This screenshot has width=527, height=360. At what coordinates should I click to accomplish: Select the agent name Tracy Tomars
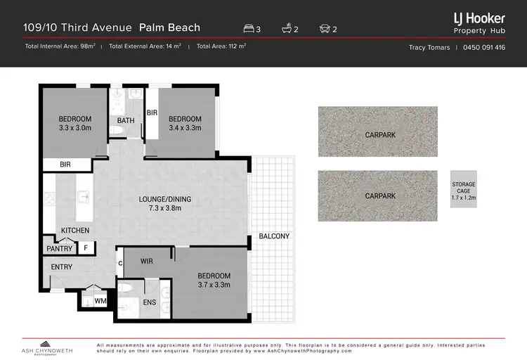pyautogui.click(x=430, y=48)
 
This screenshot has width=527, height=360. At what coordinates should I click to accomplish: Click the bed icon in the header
pyautogui.click(x=248, y=29)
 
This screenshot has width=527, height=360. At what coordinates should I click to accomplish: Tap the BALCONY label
pyautogui.click(x=273, y=236)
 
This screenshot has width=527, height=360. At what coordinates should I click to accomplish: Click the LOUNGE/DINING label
pyautogui.click(x=165, y=199)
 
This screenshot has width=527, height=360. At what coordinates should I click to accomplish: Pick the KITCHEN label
pyautogui.click(x=74, y=231)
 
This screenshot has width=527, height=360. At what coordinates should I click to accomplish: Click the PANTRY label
pyautogui.click(x=60, y=248)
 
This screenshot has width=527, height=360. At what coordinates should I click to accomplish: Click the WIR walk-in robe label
pyautogui.click(x=148, y=261)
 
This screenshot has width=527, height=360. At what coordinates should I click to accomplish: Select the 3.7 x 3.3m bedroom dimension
pyautogui.click(x=214, y=285)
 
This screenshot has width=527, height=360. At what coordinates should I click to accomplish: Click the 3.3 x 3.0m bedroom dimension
pyautogui.click(x=74, y=129)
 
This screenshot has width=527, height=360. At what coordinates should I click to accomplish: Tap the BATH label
pyautogui.click(x=126, y=120)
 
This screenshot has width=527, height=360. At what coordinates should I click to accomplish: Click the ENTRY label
pyautogui.click(x=62, y=267)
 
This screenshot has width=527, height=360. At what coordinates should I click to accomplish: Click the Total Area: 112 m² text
pyautogui.click(x=221, y=47)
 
